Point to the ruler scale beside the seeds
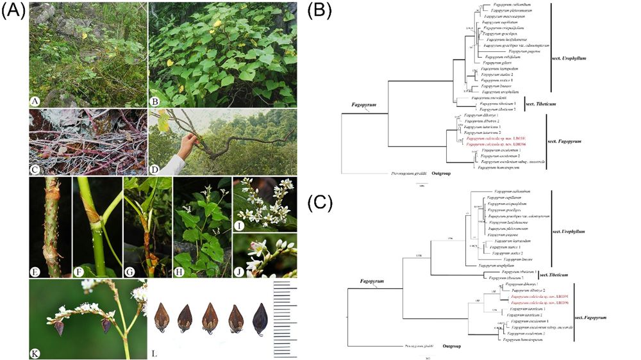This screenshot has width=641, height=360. (285, 318)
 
